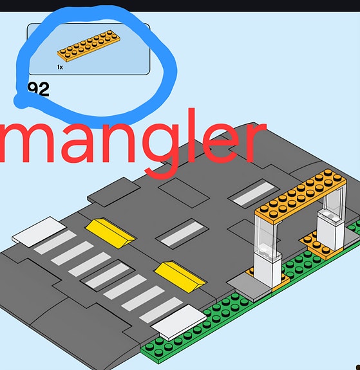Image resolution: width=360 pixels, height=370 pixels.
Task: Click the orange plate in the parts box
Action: point(89,46)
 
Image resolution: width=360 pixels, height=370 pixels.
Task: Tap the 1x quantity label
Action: point(60,68)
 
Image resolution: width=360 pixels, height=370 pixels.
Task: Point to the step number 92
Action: point(39,89)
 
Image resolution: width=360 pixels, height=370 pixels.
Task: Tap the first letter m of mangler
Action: point(24,144)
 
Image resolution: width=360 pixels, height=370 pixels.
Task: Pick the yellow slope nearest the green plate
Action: point(180,277)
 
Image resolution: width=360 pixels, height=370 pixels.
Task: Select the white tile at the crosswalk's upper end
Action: point(39,231)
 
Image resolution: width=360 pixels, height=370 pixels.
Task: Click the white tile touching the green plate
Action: point(179,322)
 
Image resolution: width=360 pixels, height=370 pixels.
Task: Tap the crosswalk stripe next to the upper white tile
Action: point(55,242)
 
